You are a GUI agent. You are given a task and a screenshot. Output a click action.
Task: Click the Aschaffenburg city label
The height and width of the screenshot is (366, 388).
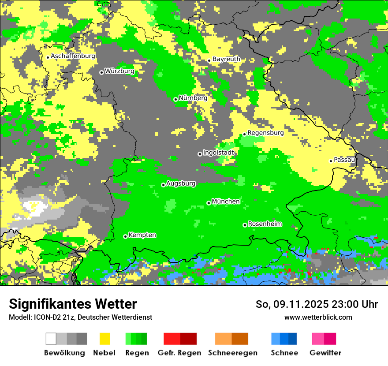click(x=73, y=56)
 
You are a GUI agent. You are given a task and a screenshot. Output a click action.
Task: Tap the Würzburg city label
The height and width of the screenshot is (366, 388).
click(x=119, y=71)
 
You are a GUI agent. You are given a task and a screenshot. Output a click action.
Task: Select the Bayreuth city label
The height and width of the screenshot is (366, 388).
click(x=226, y=59)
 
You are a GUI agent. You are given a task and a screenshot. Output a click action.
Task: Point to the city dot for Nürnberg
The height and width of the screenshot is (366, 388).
click(x=175, y=99)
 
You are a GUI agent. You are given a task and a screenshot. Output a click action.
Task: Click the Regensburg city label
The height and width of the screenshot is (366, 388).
click(x=265, y=133)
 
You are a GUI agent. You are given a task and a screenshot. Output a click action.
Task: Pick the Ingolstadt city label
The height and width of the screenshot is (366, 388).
click(x=219, y=153)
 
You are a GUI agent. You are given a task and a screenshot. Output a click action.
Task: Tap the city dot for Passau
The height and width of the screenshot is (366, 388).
click(x=331, y=161)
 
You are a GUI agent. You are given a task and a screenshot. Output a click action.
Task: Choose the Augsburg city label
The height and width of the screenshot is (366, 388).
click(x=181, y=184)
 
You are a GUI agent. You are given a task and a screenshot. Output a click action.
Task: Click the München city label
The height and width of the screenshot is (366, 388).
click(x=226, y=202)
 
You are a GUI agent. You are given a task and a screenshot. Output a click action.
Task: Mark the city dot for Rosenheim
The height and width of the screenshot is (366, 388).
click(x=245, y=225)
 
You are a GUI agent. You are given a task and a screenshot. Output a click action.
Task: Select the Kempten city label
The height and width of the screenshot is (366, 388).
click(x=142, y=235)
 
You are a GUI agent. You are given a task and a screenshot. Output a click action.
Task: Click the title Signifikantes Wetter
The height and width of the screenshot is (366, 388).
click(x=73, y=304)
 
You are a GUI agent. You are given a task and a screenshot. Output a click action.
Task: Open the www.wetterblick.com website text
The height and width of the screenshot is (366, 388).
click(x=318, y=317)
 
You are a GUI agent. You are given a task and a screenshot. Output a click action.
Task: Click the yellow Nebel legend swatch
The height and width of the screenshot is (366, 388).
click(x=105, y=339)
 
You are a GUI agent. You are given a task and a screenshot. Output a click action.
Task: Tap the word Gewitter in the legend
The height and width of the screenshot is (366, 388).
click(x=325, y=353)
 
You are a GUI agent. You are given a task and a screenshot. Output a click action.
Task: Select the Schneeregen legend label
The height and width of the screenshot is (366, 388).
click(x=233, y=353)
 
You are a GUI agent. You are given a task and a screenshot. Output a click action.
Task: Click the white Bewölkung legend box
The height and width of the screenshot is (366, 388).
click(x=51, y=339)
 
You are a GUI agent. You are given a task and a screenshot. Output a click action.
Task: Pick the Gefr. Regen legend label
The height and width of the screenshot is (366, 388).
click(x=179, y=353)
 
